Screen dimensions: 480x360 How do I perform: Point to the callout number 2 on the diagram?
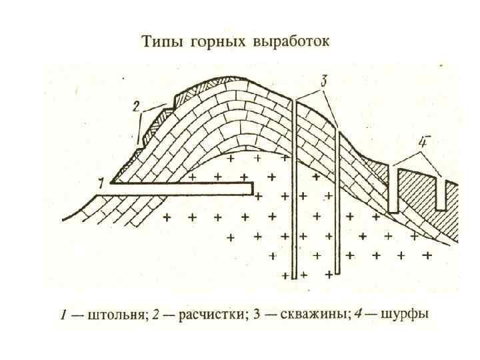(x=135, y=107)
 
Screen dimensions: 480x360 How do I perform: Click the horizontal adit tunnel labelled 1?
(x=180, y=190)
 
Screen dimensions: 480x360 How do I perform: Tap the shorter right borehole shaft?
(x=339, y=200)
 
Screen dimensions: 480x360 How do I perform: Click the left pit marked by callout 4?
(x=393, y=190)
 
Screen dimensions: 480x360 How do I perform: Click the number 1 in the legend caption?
(x=63, y=315)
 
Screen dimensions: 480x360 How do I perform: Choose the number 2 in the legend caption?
(x=155, y=315)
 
